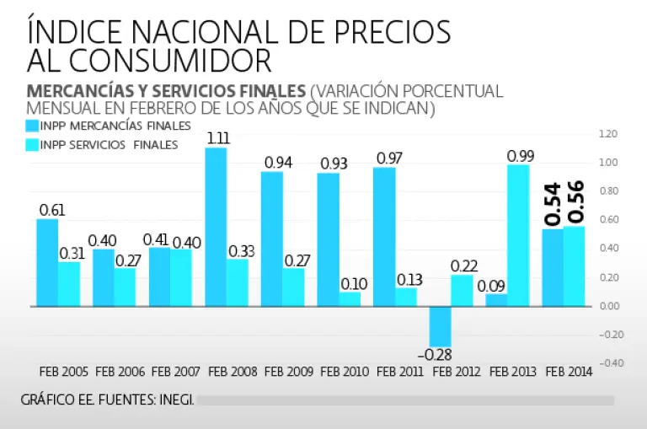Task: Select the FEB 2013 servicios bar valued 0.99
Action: [518, 235]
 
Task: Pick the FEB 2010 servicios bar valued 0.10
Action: [350, 299]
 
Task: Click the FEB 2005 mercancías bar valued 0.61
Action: [47, 263]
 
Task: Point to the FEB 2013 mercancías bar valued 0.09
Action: [496, 300]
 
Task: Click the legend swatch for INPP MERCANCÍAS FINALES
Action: [33, 126]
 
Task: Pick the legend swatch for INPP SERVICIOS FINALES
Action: [33, 145]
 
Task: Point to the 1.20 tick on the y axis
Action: [608, 134]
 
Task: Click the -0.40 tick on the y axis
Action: [608, 363]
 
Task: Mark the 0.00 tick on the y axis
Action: [608, 306]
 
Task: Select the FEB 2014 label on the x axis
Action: [569, 371]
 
